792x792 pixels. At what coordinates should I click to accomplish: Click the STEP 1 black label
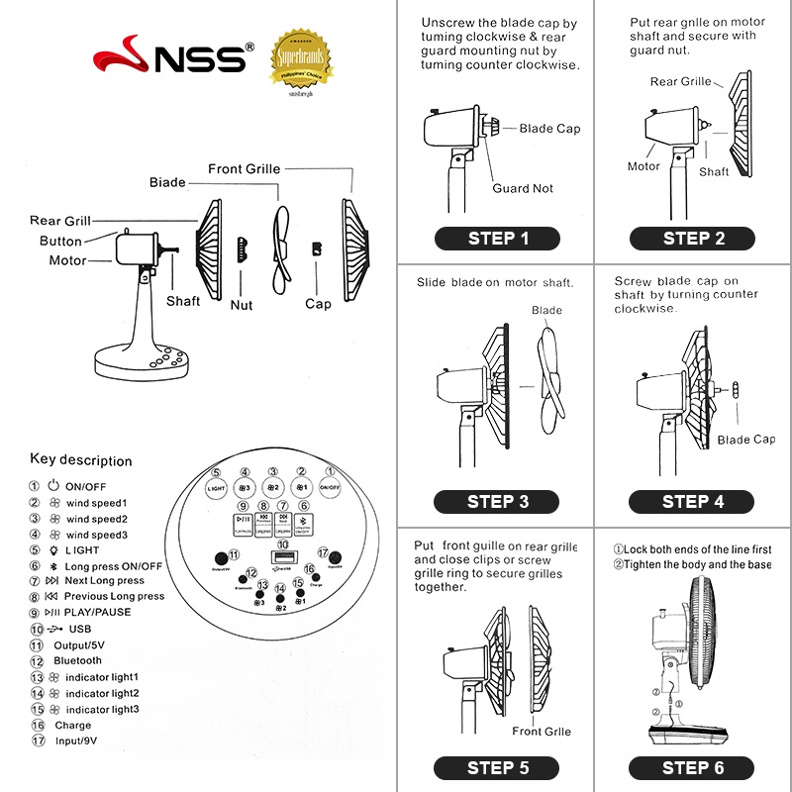click(497, 238)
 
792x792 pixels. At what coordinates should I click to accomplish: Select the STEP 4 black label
click(692, 502)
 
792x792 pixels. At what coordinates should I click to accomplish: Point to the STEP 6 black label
click(692, 767)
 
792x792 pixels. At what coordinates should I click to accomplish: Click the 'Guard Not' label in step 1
click(523, 188)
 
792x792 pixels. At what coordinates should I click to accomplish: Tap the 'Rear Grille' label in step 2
click(680, 81)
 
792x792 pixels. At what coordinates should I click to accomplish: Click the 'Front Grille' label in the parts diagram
click(244, 169)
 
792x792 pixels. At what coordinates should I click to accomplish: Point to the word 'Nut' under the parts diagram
click(242, 305)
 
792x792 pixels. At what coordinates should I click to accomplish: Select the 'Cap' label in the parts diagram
click(318, 304)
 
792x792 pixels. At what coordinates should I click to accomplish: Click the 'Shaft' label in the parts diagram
click(183, 301)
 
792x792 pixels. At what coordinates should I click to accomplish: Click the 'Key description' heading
click(81, 460)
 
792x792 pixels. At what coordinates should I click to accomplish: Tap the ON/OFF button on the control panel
click(330, 487)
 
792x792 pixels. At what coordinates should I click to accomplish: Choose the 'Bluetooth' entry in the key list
click(77, 660)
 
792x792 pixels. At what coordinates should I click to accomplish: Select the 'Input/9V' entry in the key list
click(75, 741)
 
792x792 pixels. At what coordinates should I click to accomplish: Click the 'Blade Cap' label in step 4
click(745, 440)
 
